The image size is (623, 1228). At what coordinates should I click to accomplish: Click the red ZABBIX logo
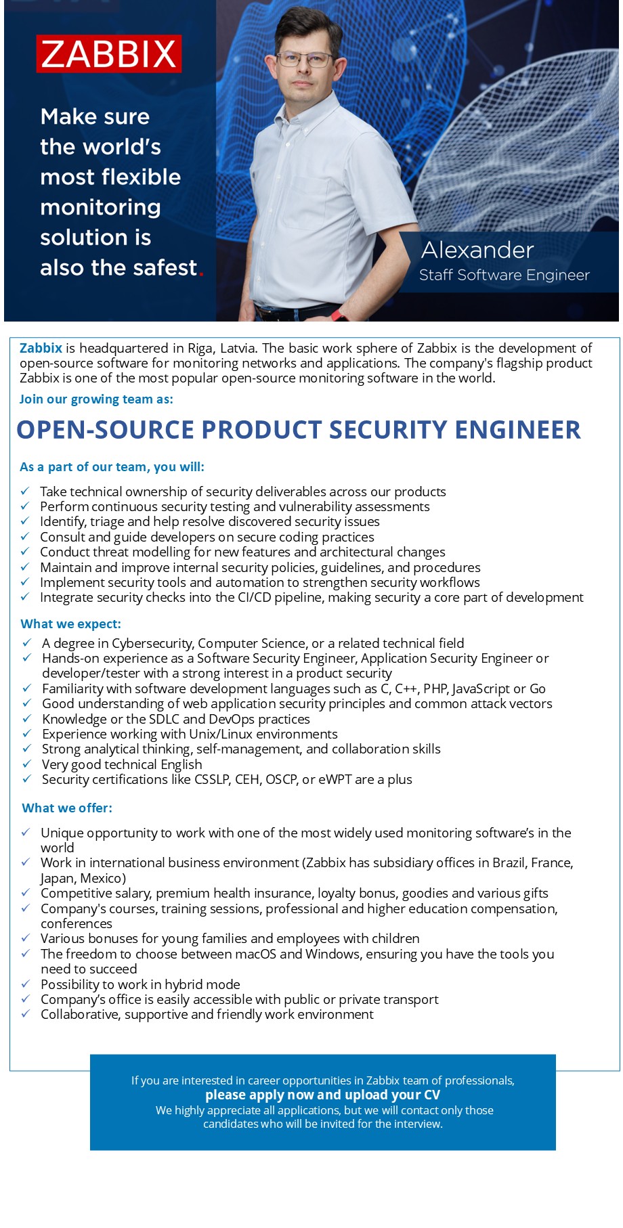109,54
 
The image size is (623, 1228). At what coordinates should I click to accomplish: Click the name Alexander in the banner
477,250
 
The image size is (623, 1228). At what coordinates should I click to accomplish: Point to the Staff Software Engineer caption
504,276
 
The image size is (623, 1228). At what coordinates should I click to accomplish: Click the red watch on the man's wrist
337,314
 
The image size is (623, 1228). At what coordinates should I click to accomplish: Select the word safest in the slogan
165,268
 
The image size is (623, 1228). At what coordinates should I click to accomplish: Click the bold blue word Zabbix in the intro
41,349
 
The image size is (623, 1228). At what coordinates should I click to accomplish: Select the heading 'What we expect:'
71,624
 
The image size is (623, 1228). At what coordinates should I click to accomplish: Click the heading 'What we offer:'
67,808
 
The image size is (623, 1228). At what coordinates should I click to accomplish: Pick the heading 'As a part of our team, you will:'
112,467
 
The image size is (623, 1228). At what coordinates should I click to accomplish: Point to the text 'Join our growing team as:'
96,399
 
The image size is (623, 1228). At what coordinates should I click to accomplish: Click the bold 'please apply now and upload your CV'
322,1095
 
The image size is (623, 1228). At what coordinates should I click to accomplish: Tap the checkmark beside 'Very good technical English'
27,764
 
